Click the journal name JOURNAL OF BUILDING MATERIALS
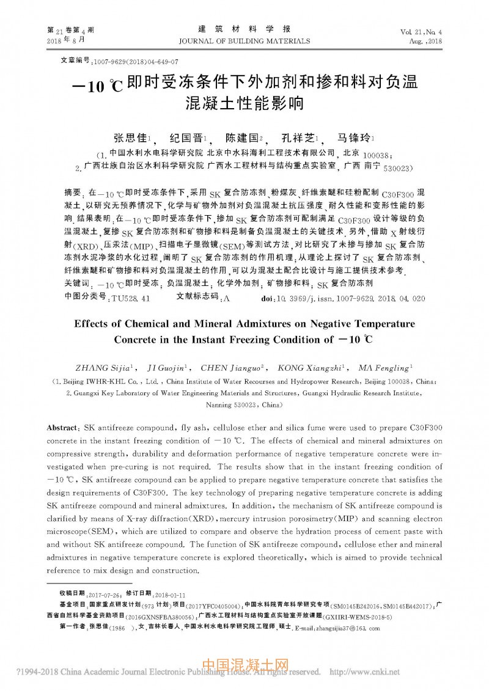click(244, 41)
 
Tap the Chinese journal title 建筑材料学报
click(244, 29)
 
